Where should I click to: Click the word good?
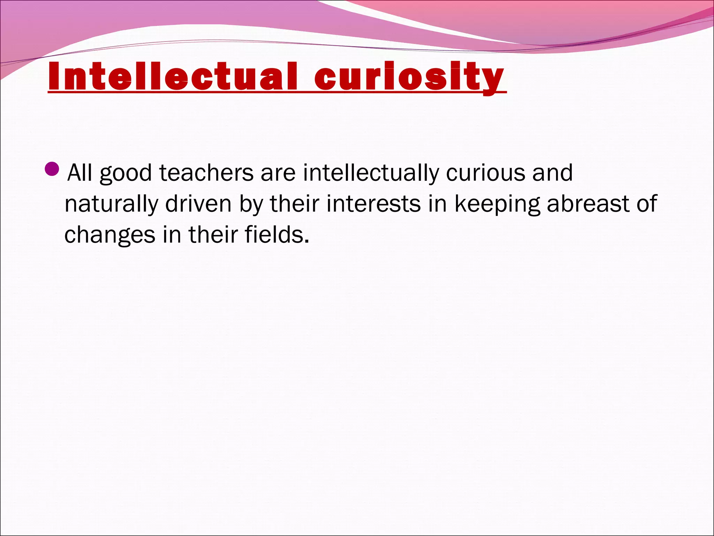(x=126, y=173)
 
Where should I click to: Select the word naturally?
(x=111, y=204)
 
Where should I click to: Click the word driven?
(x=198, y=204)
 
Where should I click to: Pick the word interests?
(x=373, y=204)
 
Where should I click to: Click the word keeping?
(x=497, y=204)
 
